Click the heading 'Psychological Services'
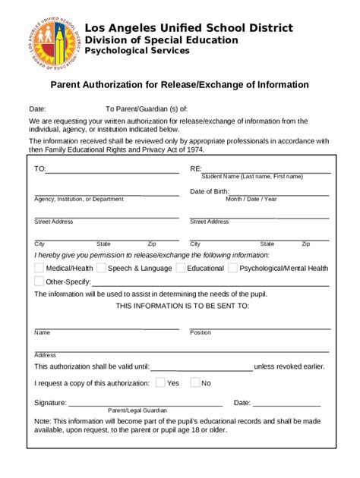point(137,51)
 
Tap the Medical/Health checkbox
point(39,268)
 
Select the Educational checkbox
point(180,268)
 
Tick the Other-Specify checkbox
point(39,281)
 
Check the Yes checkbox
point(159,382)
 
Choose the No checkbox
point(194,382)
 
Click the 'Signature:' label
point(50,403)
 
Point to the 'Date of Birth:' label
point(210,191)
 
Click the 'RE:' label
point(196,169)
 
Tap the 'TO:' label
point(39,169)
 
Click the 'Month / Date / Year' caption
point(251,200)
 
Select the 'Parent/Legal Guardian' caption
point(137,410)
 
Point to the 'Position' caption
point(201,333)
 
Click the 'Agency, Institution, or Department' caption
point(78,200)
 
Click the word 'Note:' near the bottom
point(43,421)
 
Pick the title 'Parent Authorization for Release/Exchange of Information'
point(179,85)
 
